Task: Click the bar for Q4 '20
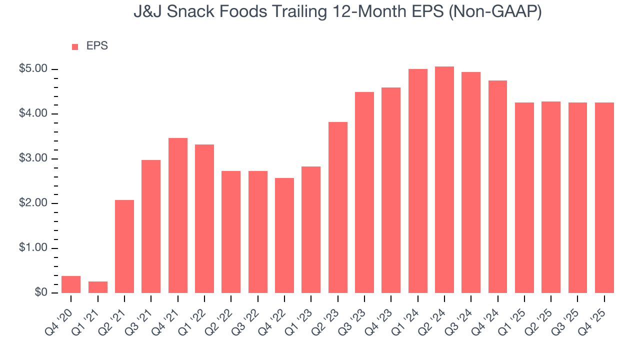(71, 284)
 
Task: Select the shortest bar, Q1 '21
(97, 287)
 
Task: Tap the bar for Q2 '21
(124, 246)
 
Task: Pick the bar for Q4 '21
(177, 215)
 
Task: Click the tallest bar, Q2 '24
(444, 180)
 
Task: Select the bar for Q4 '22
(284, 235)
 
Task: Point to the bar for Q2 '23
(337, 207)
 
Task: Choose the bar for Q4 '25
(604, 198)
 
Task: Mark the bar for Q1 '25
(524, 198)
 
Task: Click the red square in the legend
(75, 47)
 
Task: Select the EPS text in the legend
(97, 46)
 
